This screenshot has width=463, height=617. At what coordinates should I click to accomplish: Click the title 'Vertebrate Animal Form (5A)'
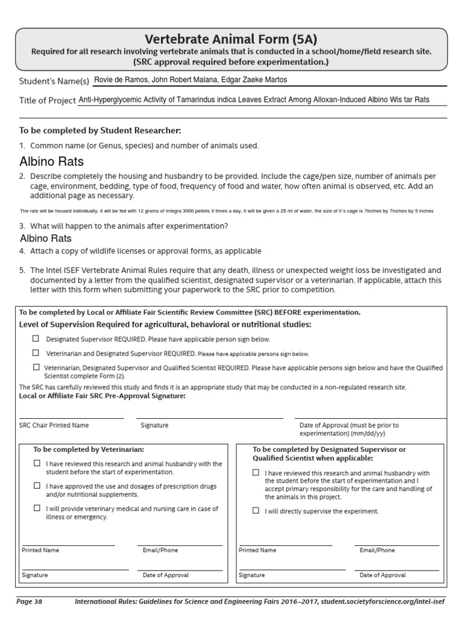(x=231, y=40)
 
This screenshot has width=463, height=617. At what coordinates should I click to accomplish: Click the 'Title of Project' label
(x=48, y=100)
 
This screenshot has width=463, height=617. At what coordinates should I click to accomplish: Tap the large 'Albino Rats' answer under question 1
(x=52, y=161)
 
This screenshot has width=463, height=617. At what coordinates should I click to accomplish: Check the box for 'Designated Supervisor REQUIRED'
(x=37, y=339)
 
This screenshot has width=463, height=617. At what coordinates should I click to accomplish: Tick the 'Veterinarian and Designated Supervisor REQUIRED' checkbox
(x=37, y=353)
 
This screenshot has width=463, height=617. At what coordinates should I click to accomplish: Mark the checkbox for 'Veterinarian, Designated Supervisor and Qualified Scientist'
(x=37, y=367)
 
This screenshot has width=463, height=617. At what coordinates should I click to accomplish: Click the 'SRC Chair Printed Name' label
(x=54, y=425)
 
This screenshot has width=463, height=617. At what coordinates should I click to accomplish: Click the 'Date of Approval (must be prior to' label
(x=348, y=425)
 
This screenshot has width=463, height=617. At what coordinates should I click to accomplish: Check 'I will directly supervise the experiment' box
(x=256, y=510)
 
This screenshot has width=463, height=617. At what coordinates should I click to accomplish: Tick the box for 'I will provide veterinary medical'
(x=37, y=509)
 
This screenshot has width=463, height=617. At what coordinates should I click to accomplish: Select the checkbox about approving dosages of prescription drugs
(x=37, y=486)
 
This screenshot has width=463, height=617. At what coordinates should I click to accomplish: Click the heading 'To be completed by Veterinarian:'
(x=88, y=449)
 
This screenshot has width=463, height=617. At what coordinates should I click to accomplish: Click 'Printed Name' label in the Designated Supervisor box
(x=257, y=550)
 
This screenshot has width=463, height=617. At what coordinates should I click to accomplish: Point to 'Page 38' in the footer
(x=29, y=601)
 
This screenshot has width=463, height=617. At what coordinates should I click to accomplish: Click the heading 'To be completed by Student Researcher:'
(x=100, y=130)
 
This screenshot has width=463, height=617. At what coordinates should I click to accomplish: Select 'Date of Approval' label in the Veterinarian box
(x=165, y=575)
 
